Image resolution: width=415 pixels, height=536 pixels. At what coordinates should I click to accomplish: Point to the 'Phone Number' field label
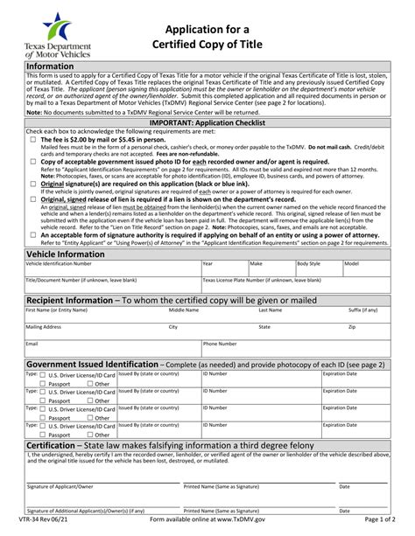click(221, 344)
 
